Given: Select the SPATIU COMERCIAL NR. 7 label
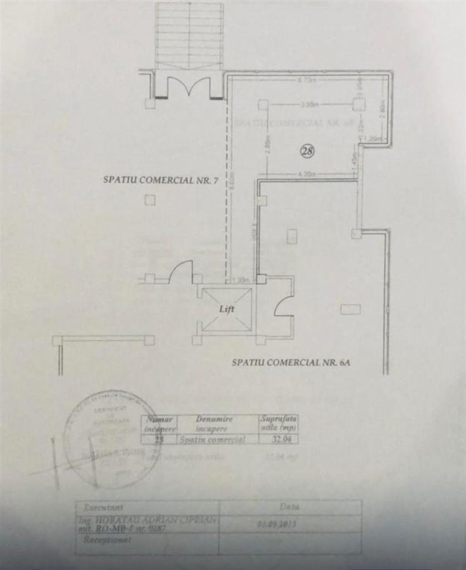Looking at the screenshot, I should click(161, 180).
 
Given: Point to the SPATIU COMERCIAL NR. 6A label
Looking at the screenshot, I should click(291, 363).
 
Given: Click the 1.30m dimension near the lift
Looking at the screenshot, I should click(241, 280).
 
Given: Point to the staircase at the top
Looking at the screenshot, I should click(189, 35).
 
